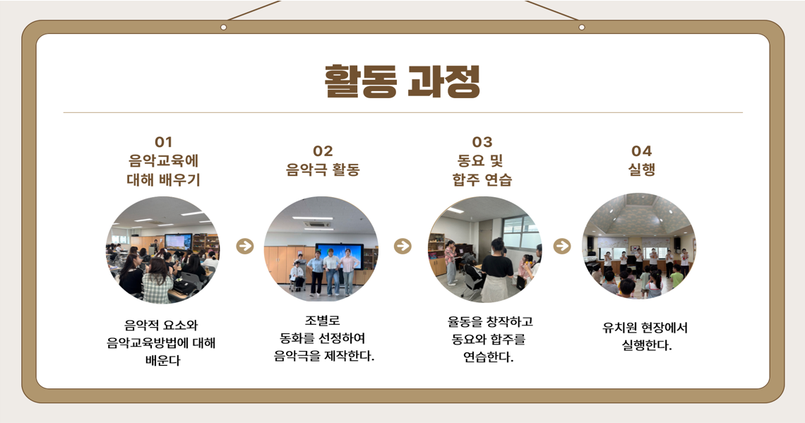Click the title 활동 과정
pos(402,81)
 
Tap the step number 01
pos(163,142)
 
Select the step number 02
pos(323,151)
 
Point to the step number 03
pos(482,142)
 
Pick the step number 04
pos(642,151)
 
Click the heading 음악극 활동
pos(323,170)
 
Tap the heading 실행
pos(642,169)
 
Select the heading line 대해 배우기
pos(163,179)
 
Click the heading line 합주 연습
pos(482,179)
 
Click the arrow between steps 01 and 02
pos(245,246)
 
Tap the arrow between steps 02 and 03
pos(403,246)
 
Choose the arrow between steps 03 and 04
pos(562,246)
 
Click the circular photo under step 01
pos(162,250)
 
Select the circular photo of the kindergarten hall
pos(639,246)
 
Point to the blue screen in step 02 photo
pos(340,256)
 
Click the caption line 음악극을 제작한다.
pos(324,356)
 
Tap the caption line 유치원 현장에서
pos(645,328)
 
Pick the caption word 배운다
pos(162,360)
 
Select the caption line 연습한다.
pos(488,357)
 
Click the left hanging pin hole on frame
pos(223,28)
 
